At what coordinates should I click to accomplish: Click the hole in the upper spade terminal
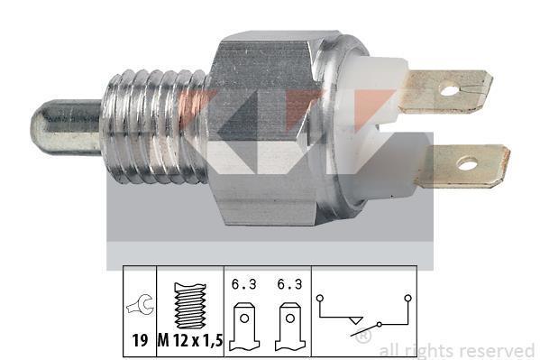click(449, 91)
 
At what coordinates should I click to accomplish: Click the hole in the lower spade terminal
click(467, 164)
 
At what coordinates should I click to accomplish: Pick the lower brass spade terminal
click(462, 166)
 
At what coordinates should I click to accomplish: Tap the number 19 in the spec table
click(140, 341)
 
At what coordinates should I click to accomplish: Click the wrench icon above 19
click(140, 305)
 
